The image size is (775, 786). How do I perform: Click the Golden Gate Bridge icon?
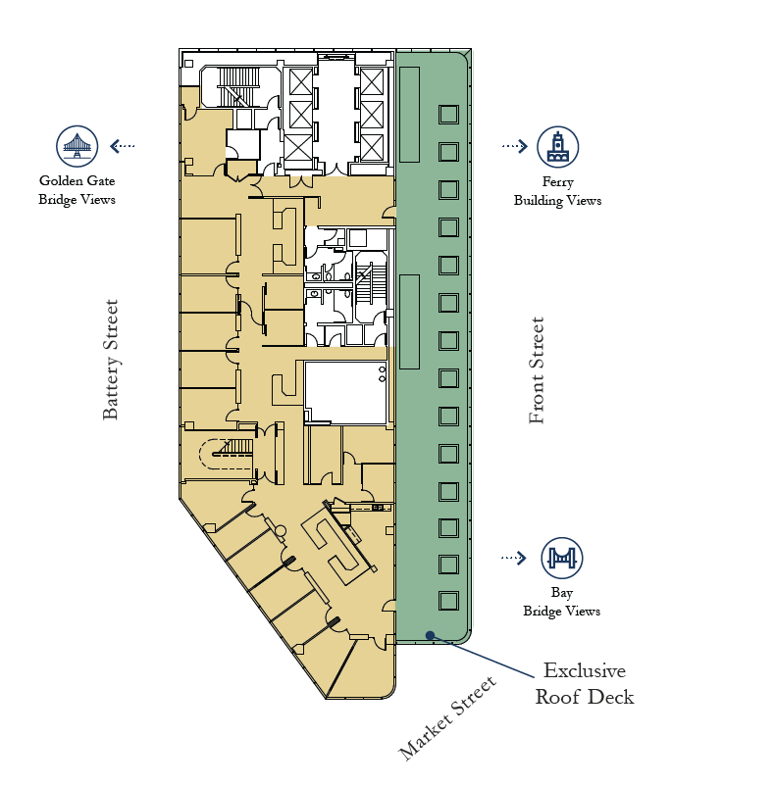77,146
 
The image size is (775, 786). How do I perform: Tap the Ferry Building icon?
557,146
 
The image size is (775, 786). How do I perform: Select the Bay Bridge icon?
561,558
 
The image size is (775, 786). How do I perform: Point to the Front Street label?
537,370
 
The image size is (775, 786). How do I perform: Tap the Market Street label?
448,717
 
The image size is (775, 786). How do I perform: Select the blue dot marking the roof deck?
430,635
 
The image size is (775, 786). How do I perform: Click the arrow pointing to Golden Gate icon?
123,146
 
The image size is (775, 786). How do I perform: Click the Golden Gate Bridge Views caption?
77,190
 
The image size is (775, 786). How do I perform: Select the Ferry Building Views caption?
557,191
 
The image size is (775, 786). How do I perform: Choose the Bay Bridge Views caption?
561,602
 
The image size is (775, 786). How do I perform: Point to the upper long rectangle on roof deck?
409,114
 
